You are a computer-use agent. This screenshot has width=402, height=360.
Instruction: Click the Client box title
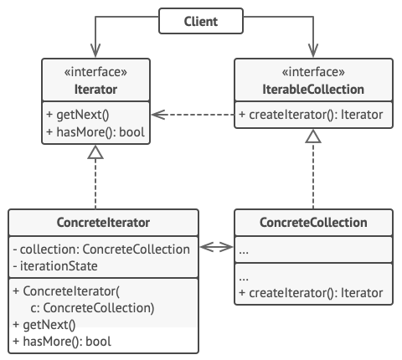[x=201, y=22]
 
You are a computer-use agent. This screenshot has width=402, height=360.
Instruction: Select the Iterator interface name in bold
[x=95, y=90]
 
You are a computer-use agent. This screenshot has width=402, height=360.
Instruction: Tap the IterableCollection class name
[x=313, y=90]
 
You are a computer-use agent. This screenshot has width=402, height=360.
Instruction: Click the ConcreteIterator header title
[x=103, y=223]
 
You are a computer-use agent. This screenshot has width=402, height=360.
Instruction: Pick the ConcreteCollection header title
[x=313, y=223]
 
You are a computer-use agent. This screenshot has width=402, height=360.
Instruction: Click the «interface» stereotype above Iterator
[x=95, y=72]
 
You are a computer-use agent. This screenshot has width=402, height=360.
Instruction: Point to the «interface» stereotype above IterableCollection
[x=313, y=72]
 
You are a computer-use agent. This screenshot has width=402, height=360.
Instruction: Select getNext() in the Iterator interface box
[x=78, y=115]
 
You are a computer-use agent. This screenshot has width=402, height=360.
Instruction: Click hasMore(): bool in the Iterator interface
[x=95, y=132]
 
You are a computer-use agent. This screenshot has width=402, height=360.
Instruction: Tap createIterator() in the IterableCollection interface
[x=311, y=115]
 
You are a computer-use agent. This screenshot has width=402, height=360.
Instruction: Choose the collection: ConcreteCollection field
[x=101, y=249]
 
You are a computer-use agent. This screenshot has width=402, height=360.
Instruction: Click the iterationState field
[x=55, y=266]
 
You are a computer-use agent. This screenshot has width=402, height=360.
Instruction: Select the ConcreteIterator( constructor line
[x=66, y=291]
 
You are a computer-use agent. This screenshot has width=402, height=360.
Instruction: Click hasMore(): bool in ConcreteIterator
[x=62, y=342]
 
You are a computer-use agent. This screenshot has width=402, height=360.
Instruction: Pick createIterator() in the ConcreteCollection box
[x=311, y=293]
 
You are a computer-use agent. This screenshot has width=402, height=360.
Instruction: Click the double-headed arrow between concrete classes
[x=217, y=247]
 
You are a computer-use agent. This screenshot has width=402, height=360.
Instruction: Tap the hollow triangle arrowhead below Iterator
[x=95, y=152]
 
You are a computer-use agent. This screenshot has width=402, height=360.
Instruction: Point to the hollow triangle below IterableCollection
[x=313, y=136]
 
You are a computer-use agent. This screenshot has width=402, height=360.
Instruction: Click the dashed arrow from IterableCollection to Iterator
[x=193, y=115]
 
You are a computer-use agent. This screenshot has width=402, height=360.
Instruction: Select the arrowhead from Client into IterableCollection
[x=313, y=50]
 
